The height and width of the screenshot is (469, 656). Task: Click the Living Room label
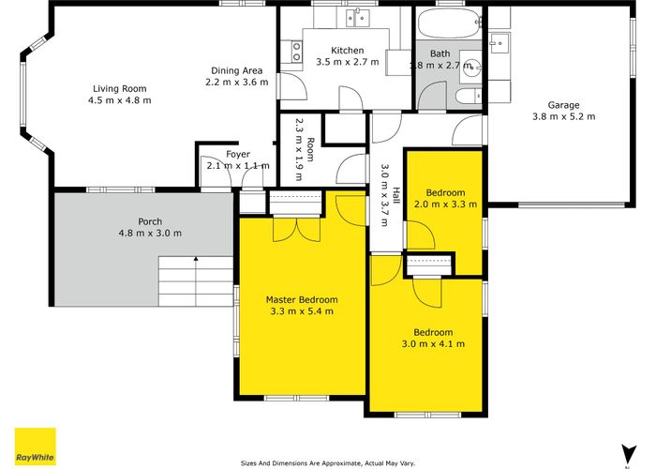(x=120, y=89)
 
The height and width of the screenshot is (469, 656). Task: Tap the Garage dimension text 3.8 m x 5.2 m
(x=563, y=116)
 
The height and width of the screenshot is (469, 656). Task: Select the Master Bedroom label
(x=302, y=300)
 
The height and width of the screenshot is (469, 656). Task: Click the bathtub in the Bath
(x=448, y=23)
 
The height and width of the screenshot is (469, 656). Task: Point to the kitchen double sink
(x=358, y=18)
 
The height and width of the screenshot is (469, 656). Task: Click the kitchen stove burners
(x=297, y=52)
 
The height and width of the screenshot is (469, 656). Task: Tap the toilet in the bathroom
(x=469, y=97)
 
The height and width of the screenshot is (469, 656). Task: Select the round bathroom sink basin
(x=471, y=67)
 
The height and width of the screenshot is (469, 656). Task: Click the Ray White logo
(x=36, y=446)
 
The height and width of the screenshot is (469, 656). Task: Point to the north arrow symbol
(x=628, y=454)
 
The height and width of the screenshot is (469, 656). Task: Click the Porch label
(x=150, y=221)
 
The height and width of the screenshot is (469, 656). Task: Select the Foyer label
(x=238, y=155)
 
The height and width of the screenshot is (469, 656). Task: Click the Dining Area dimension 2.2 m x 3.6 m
(x=237, y=83)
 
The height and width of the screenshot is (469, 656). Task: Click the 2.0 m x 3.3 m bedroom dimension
(x=445, y=204)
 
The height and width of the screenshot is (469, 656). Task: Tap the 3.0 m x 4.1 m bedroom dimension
(x=433, y=344)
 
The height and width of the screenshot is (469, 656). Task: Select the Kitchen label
(x=348, y=51)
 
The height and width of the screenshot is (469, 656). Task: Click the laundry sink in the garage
(x=499, y=43)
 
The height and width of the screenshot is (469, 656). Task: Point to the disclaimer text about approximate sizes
(x=328, y=463)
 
